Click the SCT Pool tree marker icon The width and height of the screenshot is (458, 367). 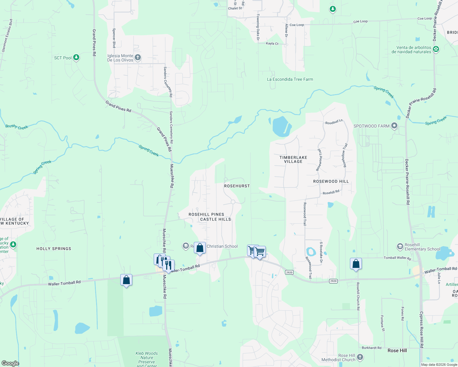(x=76, y=57)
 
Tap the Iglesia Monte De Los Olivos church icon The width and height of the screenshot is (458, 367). (x=138, y=57)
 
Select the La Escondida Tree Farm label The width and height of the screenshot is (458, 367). (x=290, y=79)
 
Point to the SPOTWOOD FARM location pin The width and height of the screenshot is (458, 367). (x=394, y=126)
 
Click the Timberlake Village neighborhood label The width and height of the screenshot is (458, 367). (x=293, y=159)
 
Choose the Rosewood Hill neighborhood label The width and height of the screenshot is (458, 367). (x=331, y=181)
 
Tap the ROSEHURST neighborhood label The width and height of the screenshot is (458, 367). (x=237, y=186)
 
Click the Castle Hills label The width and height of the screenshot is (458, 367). (x=216, y=219)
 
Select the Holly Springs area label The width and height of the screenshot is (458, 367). (x=54, y=249)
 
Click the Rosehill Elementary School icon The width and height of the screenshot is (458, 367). (x=400, y=247)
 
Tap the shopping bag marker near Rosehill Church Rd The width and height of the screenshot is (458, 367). (x=356, y=264)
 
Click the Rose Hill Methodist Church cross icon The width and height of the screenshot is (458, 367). (x=360, y=357)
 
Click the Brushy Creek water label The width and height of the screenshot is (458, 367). (x=17, y=127)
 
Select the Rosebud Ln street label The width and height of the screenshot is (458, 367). (x=334, y=122)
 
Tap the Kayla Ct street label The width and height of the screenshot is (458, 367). (x=272, y=44)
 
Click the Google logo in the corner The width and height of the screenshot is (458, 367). (x=10, y=363)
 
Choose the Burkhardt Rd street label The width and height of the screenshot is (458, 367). (x=371, y=348)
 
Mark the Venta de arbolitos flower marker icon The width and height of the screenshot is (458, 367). (x=436, y=49)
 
